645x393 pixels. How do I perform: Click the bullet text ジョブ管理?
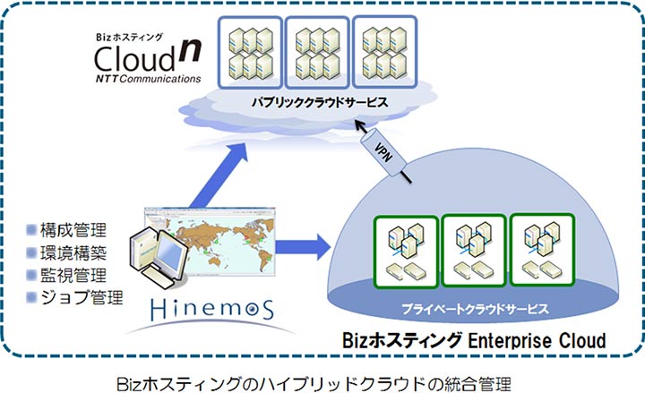point(81,296)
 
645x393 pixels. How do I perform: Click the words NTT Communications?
point(148,79)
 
